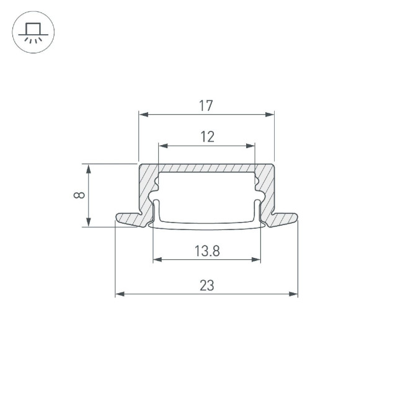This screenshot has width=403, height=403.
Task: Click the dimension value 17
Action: point(206,106)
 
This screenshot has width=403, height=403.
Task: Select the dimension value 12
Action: point(207,137)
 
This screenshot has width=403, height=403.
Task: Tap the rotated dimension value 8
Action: point(79,195)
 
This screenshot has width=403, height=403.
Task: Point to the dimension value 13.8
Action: point(207,251)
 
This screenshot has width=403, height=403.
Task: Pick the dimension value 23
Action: point(207,286)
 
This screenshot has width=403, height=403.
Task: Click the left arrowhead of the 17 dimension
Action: point(142,115)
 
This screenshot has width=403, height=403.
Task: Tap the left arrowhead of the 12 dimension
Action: point(162,146)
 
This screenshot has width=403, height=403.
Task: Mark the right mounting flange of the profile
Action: point(282,219)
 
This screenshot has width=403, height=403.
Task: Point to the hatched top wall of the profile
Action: point(206,168)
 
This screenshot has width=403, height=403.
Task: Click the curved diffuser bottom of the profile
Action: point(206,224)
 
